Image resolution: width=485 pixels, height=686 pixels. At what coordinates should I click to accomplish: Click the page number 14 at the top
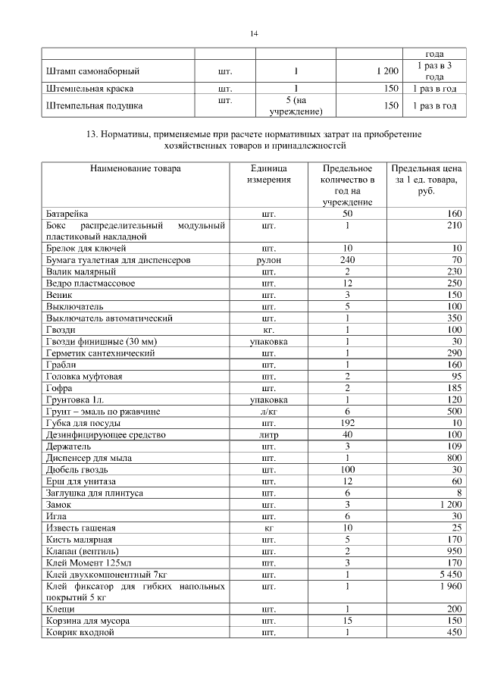point(255,34)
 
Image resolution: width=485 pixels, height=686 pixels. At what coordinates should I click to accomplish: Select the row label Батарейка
point(67,215)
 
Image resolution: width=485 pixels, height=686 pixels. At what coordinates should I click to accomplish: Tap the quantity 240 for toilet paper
point(347,260)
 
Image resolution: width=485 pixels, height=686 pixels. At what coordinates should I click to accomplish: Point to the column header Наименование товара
point(135,168)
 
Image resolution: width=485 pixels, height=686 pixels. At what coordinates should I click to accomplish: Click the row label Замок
point(58,505)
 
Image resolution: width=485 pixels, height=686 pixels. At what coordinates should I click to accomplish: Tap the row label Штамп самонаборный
point(93,71)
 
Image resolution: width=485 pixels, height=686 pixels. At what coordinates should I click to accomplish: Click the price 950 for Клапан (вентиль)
point(453,550)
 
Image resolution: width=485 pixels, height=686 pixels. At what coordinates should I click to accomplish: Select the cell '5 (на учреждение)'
point(296,106)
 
